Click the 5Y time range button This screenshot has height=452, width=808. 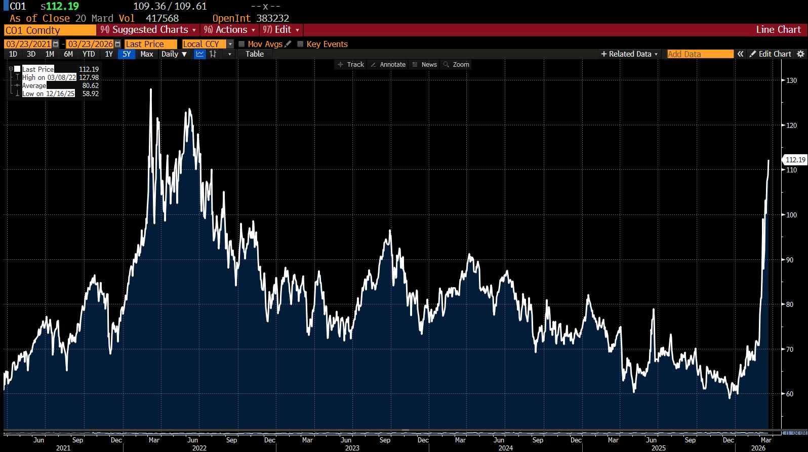(x=127, y=54)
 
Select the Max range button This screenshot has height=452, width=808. (x=147, y=54)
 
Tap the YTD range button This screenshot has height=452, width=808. (x=89, y=54)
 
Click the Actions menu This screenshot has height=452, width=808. (x=230, y=30)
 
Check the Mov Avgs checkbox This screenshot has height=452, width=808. (x=242, y=44)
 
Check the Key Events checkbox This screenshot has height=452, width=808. (x=300, y=44)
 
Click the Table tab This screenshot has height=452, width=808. (x=255, y=54)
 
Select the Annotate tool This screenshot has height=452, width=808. (x=388, y=65)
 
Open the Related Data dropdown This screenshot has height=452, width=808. (x=629, y=54)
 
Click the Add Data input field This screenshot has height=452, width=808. (x=700, y=54)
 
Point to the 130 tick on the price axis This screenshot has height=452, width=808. (x=791, y=80)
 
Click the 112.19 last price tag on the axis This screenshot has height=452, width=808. (x=795, y=160)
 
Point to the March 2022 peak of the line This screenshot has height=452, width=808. (x=151, y=89)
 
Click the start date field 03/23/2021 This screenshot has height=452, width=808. (x=28, y=44)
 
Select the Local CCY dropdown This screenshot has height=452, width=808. (x=208, y=44)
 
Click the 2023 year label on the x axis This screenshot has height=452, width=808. (x=352, y=448)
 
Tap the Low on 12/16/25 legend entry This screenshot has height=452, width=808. (x=49, y=94)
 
